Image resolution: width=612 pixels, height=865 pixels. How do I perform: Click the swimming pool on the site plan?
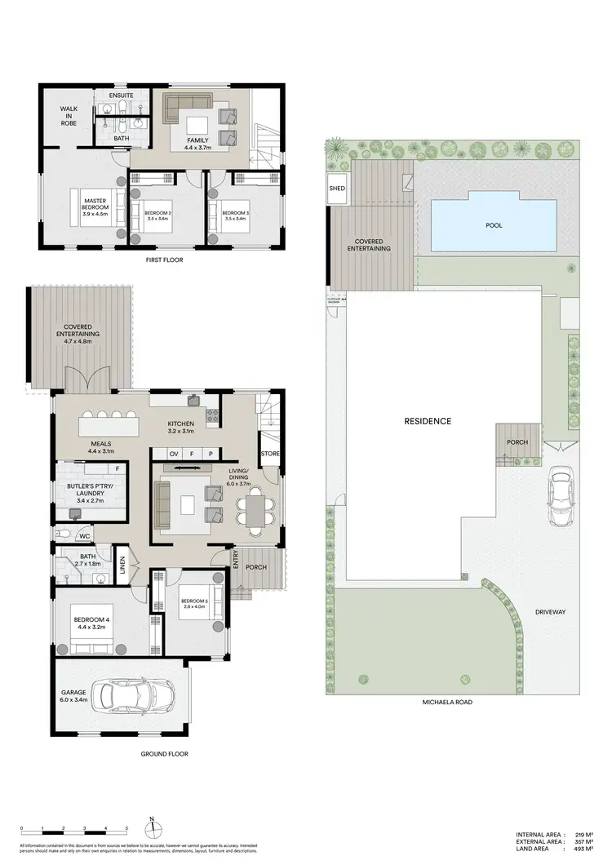coord(494,225)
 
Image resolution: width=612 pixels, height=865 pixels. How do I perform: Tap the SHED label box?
coord(337,189)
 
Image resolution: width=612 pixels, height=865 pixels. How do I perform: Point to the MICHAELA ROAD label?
coord(448,702)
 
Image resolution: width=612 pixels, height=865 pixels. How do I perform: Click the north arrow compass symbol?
coord(152,824)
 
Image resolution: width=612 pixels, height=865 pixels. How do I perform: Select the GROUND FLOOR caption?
coord(163,754)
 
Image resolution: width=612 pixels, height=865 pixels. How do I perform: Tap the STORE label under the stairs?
coord(269,454)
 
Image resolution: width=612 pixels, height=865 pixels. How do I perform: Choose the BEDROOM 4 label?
coord(89,622)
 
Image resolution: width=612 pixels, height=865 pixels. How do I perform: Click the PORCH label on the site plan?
coord(517,442)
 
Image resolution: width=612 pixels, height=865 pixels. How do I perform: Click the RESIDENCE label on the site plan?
coord(428,421)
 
